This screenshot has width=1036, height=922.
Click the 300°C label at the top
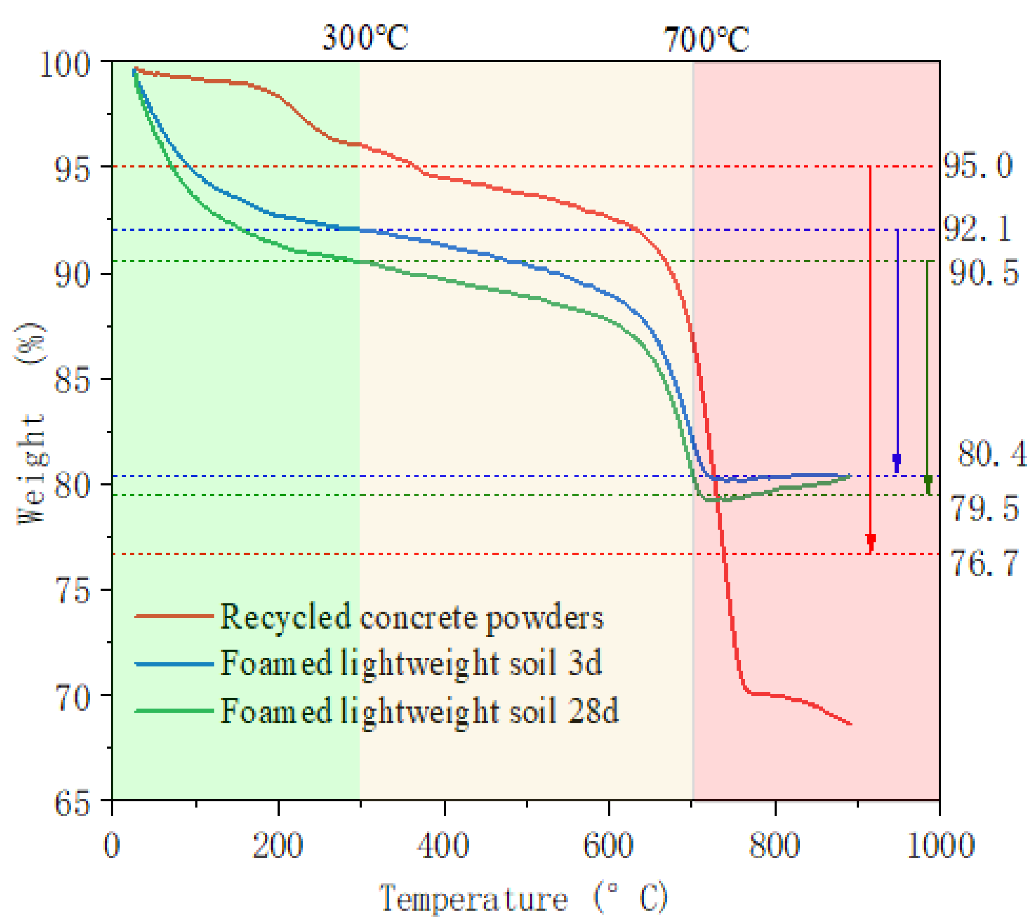point(365,38)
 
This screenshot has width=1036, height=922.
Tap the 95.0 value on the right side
point(978,166)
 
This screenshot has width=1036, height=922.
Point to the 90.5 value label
point(984,273)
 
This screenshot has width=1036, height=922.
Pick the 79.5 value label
point(984,508)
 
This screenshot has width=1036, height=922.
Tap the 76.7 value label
point(984,563)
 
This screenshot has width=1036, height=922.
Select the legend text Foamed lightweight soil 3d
point(411,663)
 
